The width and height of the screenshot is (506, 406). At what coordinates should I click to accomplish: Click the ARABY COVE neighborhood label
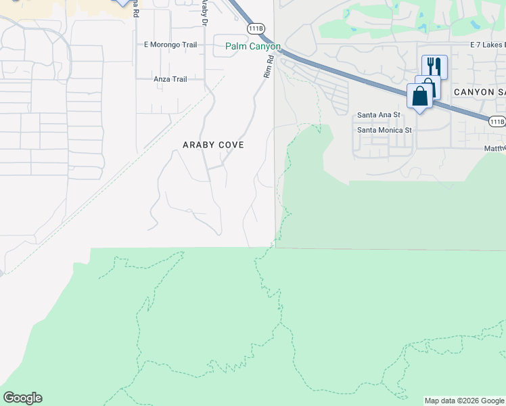(x=213, y=145)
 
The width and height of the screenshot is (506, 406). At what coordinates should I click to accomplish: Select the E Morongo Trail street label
(x=170, y=45)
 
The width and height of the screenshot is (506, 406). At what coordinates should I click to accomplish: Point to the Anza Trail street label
(x=170, y=79)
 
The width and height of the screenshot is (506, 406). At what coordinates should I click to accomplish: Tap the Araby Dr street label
(x=204, y=12)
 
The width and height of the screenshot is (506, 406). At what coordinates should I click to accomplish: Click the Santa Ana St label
(x=379, y=116)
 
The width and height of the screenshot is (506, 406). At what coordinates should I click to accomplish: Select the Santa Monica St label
(x=384, y=130)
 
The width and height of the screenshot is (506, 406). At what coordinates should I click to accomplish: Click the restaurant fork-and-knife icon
(x=434, y=66)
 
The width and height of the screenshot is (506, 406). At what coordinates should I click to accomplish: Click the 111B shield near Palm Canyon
(x=256, y=28)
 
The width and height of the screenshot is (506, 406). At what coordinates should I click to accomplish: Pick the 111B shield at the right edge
(x=497, y=121)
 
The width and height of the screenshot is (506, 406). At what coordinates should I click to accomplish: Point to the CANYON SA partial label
(x=479, y=92)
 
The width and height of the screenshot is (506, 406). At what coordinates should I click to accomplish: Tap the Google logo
(x=22, y=398)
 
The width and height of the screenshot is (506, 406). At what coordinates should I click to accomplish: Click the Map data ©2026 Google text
(x=464, y=401)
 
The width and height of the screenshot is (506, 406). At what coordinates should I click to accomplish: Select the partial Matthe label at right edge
(x=495, y=148)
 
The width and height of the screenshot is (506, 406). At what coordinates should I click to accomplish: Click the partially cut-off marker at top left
(x=122, y=2)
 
